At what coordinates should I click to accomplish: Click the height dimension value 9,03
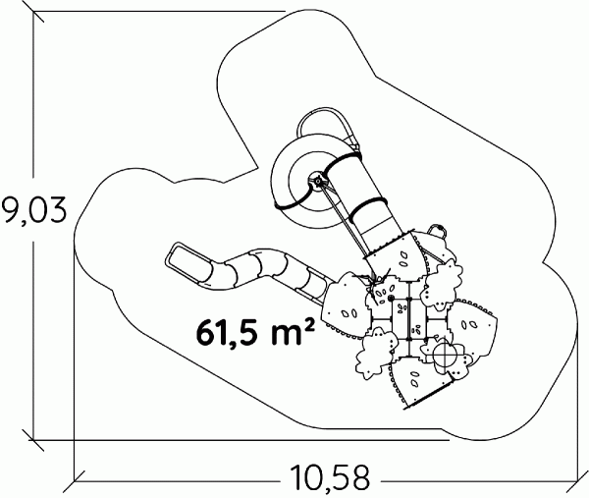(x=33, y=210)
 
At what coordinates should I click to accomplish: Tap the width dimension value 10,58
(x=330, y=478)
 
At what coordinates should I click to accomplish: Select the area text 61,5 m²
(x=255, y=332)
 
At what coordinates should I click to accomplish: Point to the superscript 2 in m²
(x=308, y=325)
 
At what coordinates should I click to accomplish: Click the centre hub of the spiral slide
(x=318, y=182)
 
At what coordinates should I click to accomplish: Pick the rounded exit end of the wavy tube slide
(x=185, y=262)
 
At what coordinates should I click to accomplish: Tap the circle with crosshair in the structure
(x=446, y=355)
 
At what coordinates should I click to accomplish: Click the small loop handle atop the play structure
(x=438, y=229)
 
